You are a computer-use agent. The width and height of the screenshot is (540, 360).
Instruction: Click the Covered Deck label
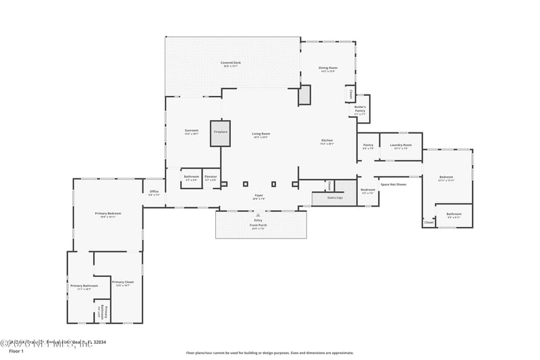point(230,63)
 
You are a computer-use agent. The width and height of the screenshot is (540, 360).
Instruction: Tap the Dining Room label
point(328,68)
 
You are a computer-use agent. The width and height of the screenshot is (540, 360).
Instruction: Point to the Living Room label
point(261,134)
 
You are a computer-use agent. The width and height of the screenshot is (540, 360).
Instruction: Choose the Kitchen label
point(327,141)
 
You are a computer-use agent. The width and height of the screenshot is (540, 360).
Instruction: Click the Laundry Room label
point(400,145)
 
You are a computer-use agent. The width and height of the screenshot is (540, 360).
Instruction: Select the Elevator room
point(211,178)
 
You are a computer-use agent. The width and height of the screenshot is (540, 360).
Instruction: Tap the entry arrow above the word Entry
point(258,215)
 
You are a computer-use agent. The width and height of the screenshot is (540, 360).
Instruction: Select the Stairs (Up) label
point(335,198)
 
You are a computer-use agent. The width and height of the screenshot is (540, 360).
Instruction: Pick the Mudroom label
point(367,191)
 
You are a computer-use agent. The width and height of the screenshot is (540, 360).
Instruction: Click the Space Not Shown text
point(393,184)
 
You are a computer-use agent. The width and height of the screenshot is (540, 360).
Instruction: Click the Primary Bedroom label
point(108,214)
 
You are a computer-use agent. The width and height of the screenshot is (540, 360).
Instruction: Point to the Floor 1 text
point(16,351)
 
